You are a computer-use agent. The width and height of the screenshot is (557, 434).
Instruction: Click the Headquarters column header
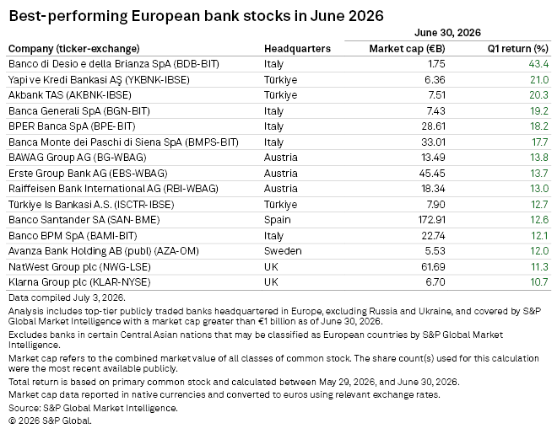(297, 49)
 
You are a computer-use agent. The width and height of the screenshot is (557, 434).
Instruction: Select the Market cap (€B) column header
(407, 49)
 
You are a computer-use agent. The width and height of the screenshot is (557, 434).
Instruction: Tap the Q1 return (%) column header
(518, 49)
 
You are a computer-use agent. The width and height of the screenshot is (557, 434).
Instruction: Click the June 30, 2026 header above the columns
(447, 33)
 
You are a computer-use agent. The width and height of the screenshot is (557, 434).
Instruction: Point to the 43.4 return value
(538, 64)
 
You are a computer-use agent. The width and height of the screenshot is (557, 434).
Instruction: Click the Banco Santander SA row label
(84, 220)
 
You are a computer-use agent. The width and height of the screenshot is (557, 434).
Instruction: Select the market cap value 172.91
(431, 220)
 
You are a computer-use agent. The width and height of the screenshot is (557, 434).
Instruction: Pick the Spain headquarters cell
(278, 220)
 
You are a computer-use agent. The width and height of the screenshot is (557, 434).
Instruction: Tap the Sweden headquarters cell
(283, 251)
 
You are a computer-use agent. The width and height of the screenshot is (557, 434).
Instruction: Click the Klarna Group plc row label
(79, 282)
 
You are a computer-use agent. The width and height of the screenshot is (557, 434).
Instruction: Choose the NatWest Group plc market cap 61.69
(434, 266)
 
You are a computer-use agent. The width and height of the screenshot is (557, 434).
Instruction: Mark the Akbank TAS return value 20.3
(539, 95)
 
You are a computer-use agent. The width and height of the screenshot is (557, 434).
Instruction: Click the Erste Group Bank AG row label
(88, 174)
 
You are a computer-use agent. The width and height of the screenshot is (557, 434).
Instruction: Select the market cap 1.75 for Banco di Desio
(436, 64)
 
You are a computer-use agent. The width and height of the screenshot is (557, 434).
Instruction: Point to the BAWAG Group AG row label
(78, 158)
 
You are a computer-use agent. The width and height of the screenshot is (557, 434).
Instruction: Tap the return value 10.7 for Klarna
(539, 282)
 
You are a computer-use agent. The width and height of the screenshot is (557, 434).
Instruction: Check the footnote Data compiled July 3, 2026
(67, 297)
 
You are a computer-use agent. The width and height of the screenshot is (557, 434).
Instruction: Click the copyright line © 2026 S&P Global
(50, 421)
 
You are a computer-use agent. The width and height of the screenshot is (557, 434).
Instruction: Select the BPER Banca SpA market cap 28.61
(433, 126)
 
